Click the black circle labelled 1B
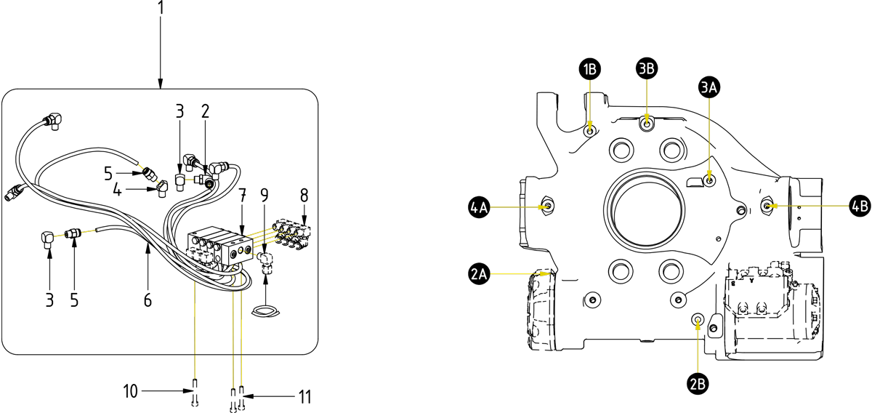590,69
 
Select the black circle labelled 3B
647,68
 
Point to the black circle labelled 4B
859,206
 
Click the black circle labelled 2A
479,273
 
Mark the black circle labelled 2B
698,382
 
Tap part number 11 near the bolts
304,397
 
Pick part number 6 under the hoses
148,300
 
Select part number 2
206,111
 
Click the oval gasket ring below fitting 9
265,313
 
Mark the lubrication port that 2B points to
698,319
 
